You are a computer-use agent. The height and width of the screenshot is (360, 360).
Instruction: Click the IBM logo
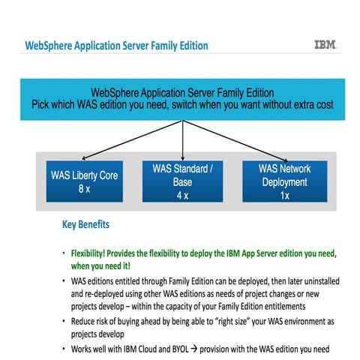coord(325,45)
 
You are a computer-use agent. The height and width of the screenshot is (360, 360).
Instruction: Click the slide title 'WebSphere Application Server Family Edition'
coord(116,46)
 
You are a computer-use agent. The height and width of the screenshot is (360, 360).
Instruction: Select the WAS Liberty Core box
coord(82,179)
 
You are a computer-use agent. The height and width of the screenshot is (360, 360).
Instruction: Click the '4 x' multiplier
coord(184,194)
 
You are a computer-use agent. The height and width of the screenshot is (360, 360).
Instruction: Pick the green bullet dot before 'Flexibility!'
coord(64,252)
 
